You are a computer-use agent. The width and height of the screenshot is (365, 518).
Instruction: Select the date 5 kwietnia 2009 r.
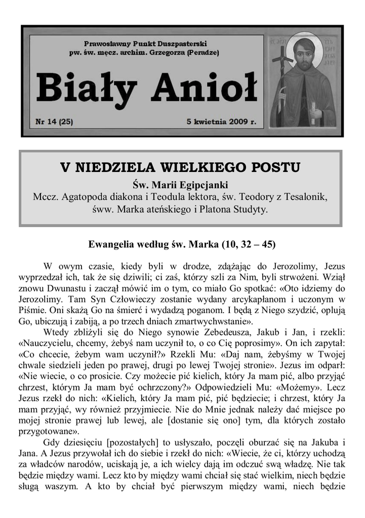coord(222,122)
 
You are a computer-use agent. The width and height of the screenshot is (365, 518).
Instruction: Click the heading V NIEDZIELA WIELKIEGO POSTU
coord(180,167)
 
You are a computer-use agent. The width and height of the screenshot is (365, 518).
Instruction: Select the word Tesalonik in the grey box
coord(306,196)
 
